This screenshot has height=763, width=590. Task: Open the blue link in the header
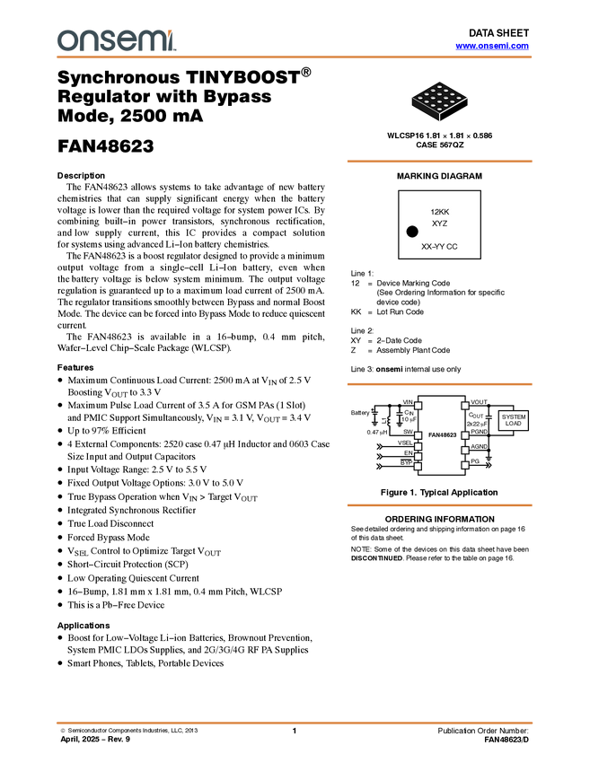(x=492, y=46)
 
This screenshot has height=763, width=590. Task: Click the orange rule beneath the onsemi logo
(x=295, y=57)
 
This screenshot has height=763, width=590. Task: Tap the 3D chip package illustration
(x=439, y=101)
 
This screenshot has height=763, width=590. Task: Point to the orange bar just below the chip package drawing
(x=439, y=162)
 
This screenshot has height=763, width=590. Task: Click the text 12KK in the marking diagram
(x=439, y=212)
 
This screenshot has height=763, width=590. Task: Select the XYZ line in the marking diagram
(x=439, y=223)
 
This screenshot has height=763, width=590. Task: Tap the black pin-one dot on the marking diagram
(x=412, y=232)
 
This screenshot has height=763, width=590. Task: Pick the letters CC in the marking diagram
(x=452, y=246)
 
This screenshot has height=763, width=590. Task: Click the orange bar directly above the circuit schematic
(x=439, y=384)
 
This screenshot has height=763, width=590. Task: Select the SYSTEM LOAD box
(x=514, y=420)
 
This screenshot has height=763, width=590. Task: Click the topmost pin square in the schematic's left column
(x=418, y=406)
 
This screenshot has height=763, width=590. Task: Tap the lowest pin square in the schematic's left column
(x=418, y=466)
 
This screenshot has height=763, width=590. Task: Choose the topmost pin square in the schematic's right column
(x=465, y=406)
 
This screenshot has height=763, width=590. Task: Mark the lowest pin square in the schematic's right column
(x=465, y=465)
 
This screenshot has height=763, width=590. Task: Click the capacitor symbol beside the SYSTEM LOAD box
(x=489, y=417)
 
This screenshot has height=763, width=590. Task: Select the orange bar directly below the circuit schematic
(x=439, y=505)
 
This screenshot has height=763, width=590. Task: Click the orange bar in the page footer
(x=295, y=722)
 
